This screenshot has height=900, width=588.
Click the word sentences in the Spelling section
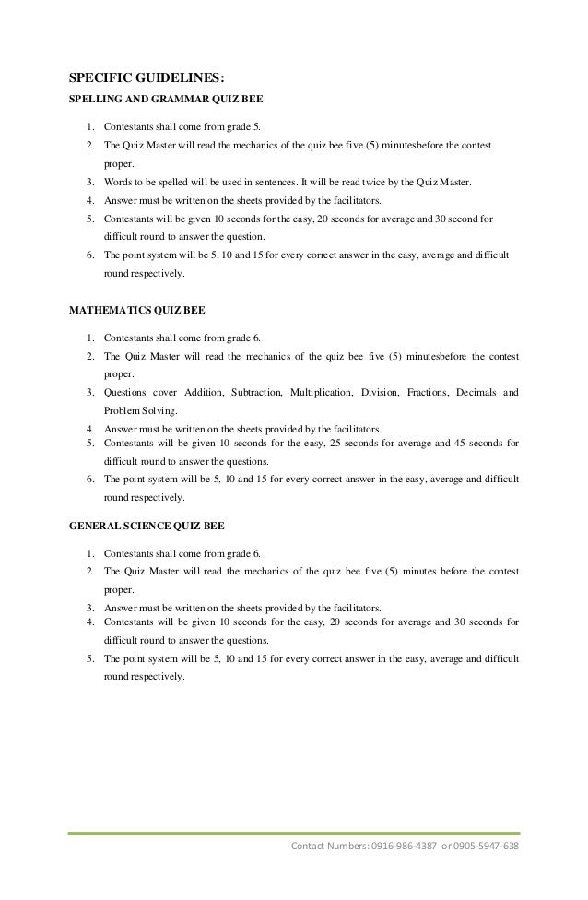pyautogui.click(x=272, y=184)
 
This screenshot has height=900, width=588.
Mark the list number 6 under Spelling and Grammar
pyautogui.click(x=89, y=255)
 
